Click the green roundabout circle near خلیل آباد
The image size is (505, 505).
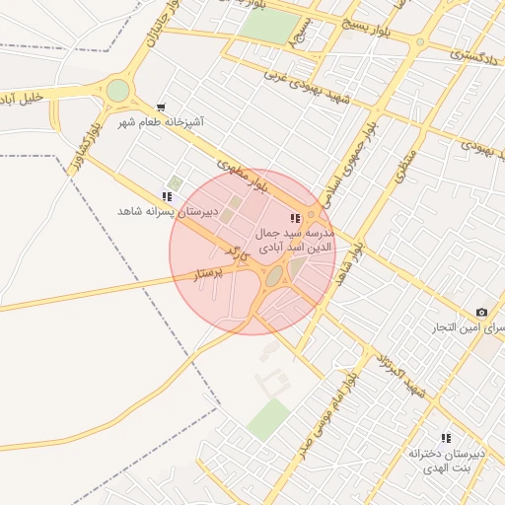[x=117, y=91]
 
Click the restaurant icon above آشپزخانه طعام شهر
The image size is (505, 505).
[x=161, y=107]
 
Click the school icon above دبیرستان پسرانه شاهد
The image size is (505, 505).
[x=166, y=197]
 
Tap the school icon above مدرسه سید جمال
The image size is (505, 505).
[x=294, y=218]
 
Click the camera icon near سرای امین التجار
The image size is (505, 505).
[x=481, y=312]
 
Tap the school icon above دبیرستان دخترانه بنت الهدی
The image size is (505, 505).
[x=446, y=438]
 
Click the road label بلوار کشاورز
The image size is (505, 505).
[x=78, y=149]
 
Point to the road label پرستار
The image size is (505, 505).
[x=209, y=272]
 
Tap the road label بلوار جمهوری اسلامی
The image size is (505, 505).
[x=351, y=159]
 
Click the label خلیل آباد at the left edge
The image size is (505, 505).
[x=20, y=99]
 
